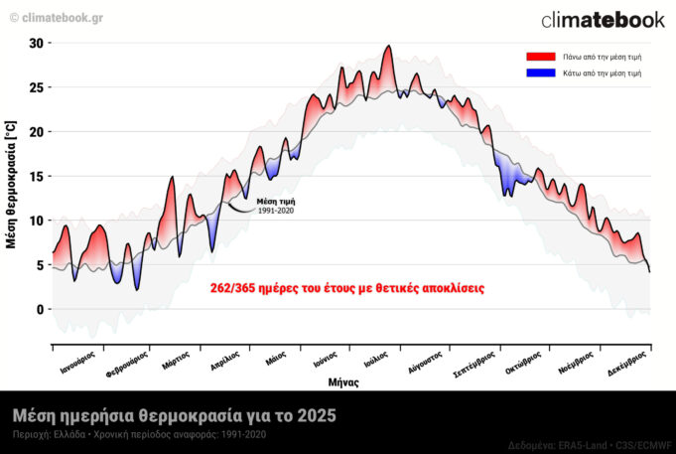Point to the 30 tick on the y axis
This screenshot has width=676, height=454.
pyautogui.click(x=37, y=43)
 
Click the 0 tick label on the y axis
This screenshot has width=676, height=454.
pyautogui.click(x=40, y=309)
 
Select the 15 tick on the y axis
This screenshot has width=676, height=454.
pyautogui.click(x=37, y=176)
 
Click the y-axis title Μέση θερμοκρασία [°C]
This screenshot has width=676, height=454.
pyautogui.click(x=11, y=185)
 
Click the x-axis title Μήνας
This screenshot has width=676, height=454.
pyautogui.click(x=343, y=381)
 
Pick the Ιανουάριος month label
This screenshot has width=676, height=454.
pyautogui.click(x=76, y=361)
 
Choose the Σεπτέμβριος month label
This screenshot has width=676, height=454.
pyautogui.click(x=474, y=363)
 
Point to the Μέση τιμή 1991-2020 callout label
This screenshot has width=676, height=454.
pyautogui.click(x=276, y=206)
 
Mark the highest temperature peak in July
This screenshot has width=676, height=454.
pyautogui.click(x=388, y=46)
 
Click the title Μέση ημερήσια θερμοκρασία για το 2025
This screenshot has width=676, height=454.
pyautogui.click(x=174, y=414)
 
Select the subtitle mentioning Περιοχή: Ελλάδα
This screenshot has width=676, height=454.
pyautogui.click(x=139, y=434)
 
